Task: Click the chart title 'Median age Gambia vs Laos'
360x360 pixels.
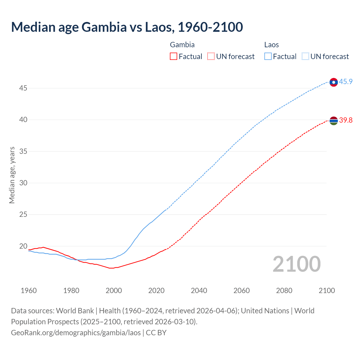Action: click(127, 27)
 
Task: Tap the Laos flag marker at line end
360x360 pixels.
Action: click(334, 82)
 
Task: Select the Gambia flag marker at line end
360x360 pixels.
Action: click(334, 121)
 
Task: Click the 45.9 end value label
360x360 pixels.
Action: click(346, 82)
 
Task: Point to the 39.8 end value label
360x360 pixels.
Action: click(346, 120)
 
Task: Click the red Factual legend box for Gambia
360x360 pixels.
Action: click(174, 57)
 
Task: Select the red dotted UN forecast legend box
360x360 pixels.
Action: click(211, 57)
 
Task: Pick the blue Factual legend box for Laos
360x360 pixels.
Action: click(268, 57)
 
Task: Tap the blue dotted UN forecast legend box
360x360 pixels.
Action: click(305, 57)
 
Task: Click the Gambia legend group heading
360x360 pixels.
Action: click(182, 45)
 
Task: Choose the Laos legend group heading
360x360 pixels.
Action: click(271, 45)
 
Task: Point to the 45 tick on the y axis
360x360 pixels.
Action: click(23, 88)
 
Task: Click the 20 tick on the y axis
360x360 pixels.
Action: click(23, 246)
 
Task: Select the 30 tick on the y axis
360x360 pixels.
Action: click(23, 183)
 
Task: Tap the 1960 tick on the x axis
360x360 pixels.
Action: click(29, 291)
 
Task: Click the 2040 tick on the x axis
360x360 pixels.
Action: click(199, 291)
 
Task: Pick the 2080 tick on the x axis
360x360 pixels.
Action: click(284, 291)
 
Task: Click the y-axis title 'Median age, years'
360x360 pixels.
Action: click(12, 175)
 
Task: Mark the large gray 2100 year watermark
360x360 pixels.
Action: click(296, 264)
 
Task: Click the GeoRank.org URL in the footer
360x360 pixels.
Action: click(76, 333)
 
